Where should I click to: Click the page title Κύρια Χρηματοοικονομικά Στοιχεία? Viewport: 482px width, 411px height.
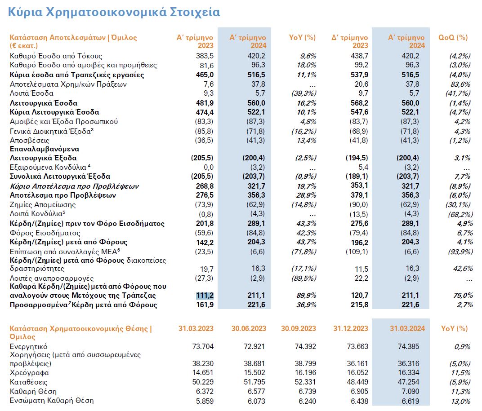point(114,12)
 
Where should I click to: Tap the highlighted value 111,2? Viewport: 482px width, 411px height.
point(204,296)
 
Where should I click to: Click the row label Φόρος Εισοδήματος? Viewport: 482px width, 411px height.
point(45,233)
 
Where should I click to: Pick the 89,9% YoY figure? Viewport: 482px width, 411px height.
point(306,296)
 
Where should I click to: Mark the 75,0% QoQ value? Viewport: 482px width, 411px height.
point(460,296)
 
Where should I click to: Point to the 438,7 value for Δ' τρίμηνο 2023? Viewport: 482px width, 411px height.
point(358,56)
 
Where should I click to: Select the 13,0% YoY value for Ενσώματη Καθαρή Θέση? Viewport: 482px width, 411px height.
point(460,401)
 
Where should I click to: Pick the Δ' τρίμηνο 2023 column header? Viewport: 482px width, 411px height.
point(350,41)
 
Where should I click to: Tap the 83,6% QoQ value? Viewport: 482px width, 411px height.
point(460,84)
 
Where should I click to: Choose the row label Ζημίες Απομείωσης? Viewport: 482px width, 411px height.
point(43,205)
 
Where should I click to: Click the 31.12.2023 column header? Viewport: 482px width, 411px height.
point(351,329)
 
